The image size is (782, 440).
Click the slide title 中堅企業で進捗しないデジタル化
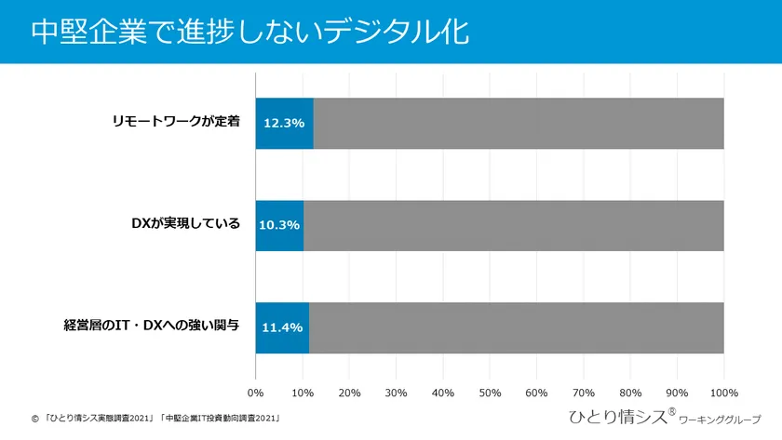(249, 31)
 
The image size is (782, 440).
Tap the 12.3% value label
(284, 123)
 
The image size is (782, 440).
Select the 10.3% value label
(279, 225)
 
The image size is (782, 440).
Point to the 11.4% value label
(282, 327)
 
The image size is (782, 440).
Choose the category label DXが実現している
(186, 224)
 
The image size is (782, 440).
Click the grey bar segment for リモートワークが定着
(519, 123)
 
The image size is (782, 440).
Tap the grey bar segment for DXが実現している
(514, 225)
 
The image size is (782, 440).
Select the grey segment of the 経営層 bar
(516, 327)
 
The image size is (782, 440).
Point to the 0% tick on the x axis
(255, 393)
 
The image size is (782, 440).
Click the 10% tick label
(302, 393)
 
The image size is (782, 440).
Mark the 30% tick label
(396, 393)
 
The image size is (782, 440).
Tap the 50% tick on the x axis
(490, 393)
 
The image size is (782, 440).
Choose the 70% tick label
(584, 393)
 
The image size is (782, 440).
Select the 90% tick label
(677, 393)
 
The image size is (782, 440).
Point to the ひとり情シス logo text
(618, 417)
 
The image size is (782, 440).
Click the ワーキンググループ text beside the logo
(721, 420)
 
